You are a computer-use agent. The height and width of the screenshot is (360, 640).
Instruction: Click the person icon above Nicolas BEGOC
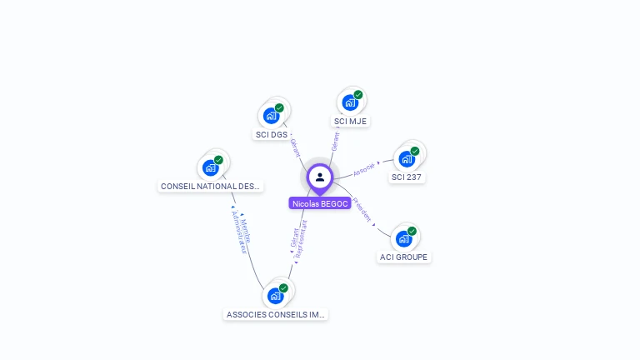click(320, 177)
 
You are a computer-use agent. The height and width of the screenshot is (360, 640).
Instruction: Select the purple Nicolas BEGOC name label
click(320, 203)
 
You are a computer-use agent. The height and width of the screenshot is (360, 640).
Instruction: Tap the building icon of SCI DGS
click(271, 115)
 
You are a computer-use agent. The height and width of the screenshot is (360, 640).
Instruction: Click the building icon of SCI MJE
click(350, 102)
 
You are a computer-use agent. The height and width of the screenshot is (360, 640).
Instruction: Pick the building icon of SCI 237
click(407, 158)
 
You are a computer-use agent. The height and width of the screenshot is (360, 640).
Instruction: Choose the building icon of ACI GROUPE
click(403, 238)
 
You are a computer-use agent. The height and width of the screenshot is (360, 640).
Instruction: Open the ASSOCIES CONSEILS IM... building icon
click(275, 295)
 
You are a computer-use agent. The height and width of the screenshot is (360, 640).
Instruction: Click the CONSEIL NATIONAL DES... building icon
click(211, 167)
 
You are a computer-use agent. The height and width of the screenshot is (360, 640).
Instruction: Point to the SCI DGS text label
click(272, 134)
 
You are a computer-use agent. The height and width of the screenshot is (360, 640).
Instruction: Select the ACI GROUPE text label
click(403, 257)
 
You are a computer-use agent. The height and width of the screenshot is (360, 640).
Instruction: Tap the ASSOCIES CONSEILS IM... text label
click(276, 315)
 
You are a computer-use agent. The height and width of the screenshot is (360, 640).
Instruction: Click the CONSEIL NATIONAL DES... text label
click(211, 187)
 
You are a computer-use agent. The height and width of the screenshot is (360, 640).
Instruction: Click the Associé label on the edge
click(364, 169)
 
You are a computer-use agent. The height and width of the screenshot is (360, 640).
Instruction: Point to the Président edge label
click(362, 210)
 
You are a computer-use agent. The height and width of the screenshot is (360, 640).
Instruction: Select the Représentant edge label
click(301, 237)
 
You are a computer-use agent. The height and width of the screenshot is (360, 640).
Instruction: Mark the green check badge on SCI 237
click(414, 151)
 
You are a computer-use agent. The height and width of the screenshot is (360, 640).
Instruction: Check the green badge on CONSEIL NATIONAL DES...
click(218, 159)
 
